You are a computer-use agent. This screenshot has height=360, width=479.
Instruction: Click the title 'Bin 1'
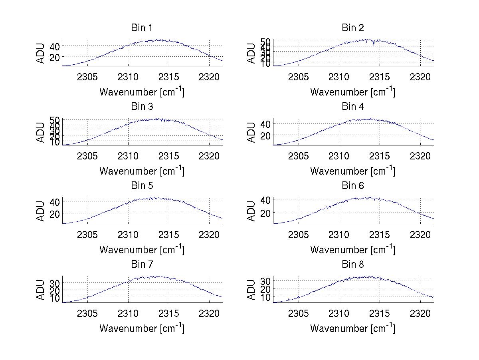[142, 28]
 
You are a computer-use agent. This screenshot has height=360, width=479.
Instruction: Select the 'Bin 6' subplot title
[353, 186]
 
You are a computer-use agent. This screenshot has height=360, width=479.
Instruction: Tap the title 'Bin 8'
[353, 265]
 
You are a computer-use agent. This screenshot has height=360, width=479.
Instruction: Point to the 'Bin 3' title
[142, 107]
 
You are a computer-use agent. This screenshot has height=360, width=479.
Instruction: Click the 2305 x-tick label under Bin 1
[87, 77]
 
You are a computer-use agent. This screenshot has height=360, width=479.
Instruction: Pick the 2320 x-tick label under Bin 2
[420, 77]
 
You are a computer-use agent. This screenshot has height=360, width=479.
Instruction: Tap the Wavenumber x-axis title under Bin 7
[142, 328]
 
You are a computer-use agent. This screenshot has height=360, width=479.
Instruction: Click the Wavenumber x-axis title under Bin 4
[353, 171]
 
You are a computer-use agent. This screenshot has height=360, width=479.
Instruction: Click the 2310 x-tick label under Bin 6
[339, 235]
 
